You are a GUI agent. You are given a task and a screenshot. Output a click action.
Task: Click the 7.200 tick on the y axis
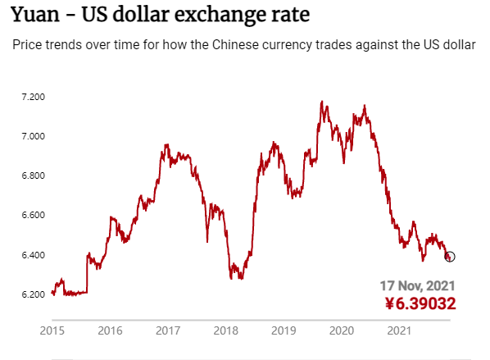pyautogui.click(x=33, y=97)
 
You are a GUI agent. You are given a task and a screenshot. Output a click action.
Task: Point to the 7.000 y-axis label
pyautogui.click(x=33, y=136)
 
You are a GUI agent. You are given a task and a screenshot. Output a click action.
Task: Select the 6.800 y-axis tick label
pyautogui.click(x=33, y=175)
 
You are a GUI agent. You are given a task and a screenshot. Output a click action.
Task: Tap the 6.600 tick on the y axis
pyautogui.click(x=33, y=215)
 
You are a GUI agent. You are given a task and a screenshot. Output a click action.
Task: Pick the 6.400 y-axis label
pyautogui.click(x=33, y=255)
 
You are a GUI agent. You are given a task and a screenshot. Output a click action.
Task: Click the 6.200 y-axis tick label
pyautogui.click(x=33, y=294)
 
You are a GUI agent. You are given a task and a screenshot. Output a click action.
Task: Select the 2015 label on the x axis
pyautogui.click(x=52, y=330)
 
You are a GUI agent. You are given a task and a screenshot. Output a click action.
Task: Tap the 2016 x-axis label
pyautogui.click(x=110, y=330)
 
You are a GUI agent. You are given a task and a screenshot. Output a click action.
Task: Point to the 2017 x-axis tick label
pyautogui.click(x=168, y=330)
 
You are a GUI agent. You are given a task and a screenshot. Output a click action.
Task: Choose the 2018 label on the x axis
pyautogui.click(x=225, y=330)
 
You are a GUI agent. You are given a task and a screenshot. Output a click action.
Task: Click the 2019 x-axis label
pyautogui.click(x=284, y=330)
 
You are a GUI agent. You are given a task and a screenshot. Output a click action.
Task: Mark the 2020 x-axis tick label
pyautogui.click(x=342, y=330)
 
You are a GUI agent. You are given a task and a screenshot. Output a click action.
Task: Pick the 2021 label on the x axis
pyautogui.click(x=399, y=330)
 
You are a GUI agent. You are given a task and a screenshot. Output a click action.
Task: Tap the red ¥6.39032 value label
pyautogui.click(x=420, y=303)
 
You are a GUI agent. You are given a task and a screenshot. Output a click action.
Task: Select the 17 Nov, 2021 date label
pyautogui.click(x=418, y=286)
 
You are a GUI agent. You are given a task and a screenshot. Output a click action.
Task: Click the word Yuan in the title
pyautogui.click(x=35, y=15)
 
